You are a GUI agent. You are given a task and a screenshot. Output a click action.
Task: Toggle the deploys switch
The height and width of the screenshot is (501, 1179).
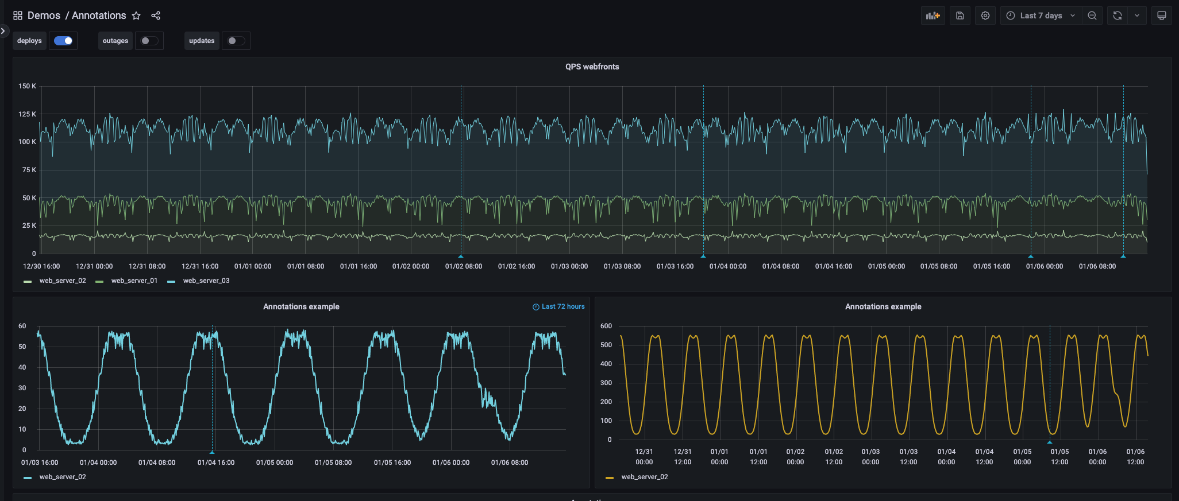[x=63, y=41]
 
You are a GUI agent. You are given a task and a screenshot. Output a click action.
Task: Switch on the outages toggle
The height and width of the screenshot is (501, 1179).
[x=149, y=41]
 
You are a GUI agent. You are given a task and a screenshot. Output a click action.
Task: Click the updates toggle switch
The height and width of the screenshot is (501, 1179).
[x=236, y=41]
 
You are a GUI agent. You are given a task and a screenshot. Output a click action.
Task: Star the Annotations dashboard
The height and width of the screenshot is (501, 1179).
[x=136, y=15]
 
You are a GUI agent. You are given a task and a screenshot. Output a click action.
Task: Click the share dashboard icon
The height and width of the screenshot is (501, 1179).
[x=156, y=15]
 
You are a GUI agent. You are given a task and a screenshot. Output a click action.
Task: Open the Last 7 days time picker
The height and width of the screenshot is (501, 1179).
[x=1041, y=15]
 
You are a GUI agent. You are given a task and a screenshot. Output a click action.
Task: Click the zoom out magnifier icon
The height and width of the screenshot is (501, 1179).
[x=1092, y=15]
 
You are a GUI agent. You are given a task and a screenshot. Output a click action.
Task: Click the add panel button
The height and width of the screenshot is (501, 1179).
[x=933, y=15]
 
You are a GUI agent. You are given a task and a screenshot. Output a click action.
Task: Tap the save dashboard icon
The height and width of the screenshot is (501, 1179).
[x=960, y=15]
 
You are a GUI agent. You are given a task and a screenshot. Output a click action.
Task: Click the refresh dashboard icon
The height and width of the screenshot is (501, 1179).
[x=1118, y=15]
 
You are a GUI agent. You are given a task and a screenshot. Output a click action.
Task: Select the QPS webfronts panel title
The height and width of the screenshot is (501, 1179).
[x=592, y=67]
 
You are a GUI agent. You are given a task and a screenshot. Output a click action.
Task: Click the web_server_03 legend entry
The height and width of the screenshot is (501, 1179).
[x=206, y=281]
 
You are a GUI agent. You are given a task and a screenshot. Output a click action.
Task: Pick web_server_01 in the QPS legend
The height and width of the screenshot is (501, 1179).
[x=134, y=281]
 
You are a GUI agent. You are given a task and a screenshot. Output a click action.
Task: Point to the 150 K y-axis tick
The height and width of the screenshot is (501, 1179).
[x=27, y=86]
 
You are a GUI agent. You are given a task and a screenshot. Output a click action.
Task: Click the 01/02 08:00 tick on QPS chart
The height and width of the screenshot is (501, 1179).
[x=463, y=266]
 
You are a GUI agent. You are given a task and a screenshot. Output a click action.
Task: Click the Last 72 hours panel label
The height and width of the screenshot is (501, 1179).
[x=562, y=306]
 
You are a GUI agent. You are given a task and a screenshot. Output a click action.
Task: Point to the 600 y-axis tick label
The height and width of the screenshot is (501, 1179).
[x=606, y=326]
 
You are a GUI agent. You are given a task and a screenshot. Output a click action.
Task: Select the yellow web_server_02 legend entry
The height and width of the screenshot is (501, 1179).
[x=644, y=477]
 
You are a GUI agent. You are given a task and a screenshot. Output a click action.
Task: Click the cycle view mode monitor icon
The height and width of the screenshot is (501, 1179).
[x=1161, y=15]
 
